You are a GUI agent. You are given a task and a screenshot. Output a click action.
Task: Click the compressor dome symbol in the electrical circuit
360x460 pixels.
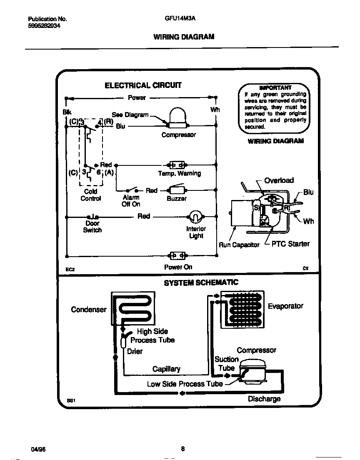pos(178,116)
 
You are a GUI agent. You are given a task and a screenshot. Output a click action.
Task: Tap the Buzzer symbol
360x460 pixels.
pos(177,190)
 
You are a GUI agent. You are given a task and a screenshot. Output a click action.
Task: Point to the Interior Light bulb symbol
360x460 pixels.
pos(195,216)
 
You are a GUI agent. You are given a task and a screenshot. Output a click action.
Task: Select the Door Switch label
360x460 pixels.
pos(92,227)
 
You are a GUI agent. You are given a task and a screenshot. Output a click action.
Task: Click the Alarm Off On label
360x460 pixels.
pos(131,201)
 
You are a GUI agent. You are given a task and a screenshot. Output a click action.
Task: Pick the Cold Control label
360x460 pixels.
pos(90,195)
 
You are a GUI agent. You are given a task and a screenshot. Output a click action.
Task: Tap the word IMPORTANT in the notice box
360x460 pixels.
pos(275,88)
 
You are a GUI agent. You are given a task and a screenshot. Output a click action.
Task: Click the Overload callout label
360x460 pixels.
pos(279,180)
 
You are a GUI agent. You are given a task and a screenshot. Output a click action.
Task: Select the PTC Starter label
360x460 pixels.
pos(290,244)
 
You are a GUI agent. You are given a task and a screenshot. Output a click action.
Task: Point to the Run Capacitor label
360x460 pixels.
pos(239,245)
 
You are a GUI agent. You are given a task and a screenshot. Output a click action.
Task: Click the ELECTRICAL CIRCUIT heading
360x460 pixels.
pos(143,85)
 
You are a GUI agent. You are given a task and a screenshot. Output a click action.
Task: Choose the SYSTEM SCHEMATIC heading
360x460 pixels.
pos(201,282)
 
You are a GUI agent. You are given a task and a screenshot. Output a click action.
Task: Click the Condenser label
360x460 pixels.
pos(89,309)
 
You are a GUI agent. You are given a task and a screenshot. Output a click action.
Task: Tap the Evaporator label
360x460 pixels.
pos(285,306)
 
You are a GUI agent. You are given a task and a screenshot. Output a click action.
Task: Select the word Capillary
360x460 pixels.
pos(166,369)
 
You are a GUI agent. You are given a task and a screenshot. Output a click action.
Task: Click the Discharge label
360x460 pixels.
pos(264,399)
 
